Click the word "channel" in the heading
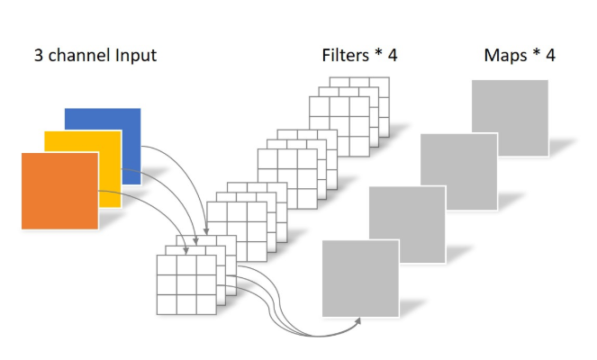pyautogui.click(x=78, y=56)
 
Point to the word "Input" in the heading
pyautogui.click(x=134, y=56)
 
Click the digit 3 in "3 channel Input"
pyautogui.click(x=39, y=56)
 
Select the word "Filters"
pyautogui.click(x=344, y=56)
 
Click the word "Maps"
pyautogui.click(x=505, y=56)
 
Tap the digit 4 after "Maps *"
pyautogui.click(x=550, y=56)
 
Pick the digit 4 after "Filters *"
pyautogui.click(x=393, y=56)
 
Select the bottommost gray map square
pyautogui.click(x=360, y=278)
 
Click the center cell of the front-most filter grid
pyautogui.click(x=186, y=284)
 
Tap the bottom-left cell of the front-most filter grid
pyautogui.click(x=167, y=304)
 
